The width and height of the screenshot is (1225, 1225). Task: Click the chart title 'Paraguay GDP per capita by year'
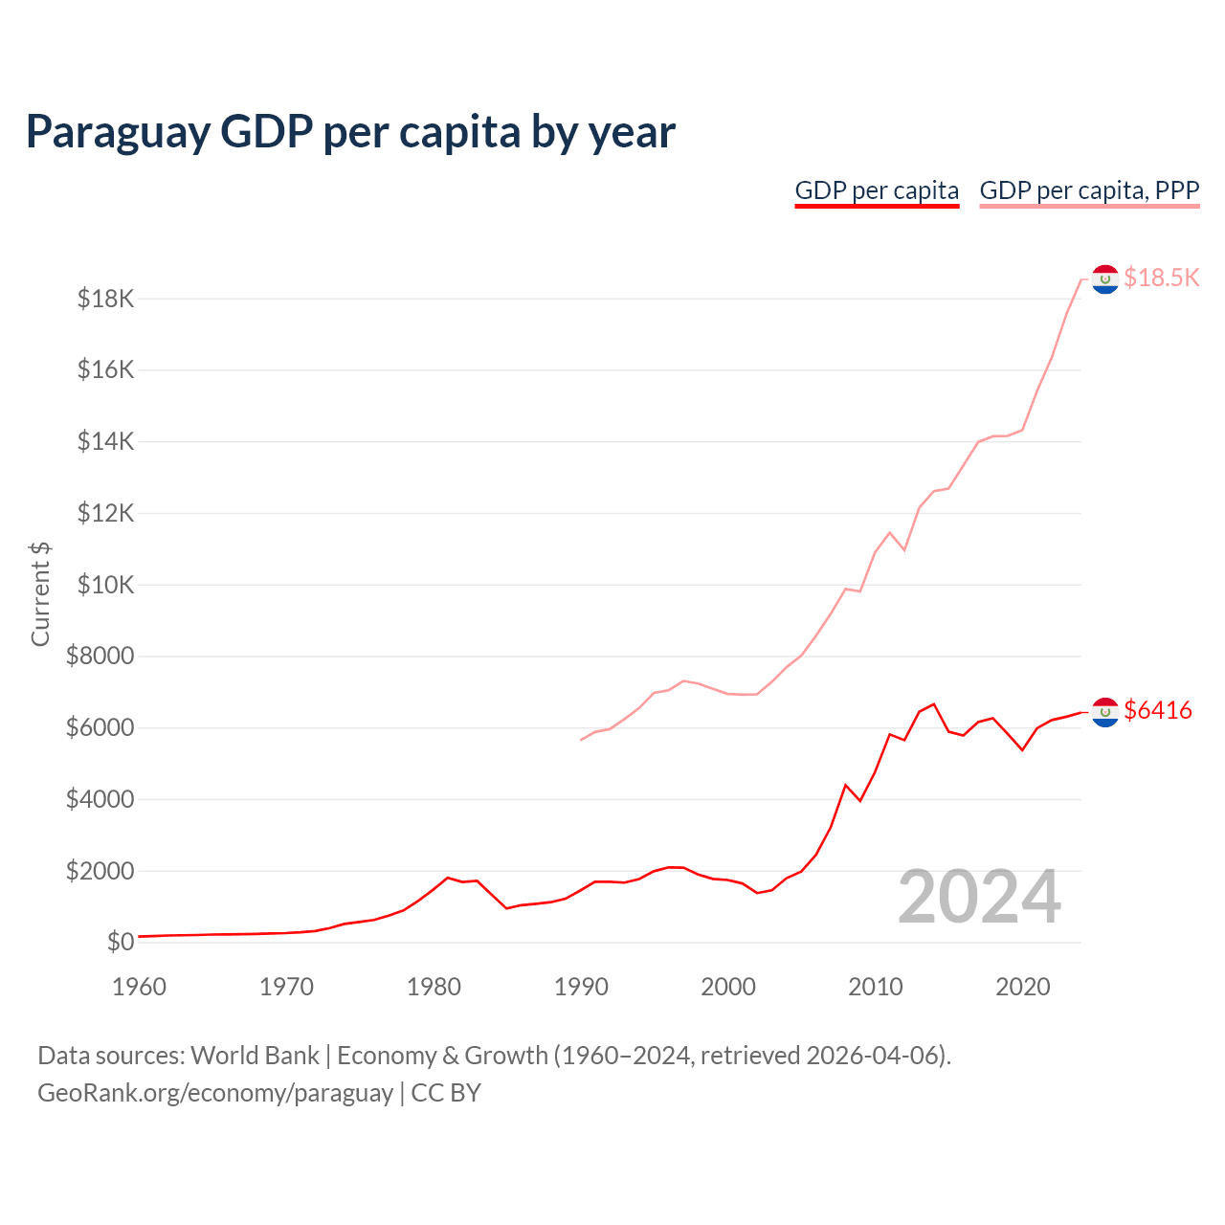(x=350, y=132)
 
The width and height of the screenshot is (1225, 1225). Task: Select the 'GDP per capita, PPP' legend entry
(x=1089, y=190)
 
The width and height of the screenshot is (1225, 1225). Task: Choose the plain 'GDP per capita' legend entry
(x=877, y=190)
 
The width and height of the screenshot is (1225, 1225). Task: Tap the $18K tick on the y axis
(x=105, y=300)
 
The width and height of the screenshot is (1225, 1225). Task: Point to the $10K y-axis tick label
(x=105, y=585)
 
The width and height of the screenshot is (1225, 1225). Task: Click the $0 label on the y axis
(x=120, y=942)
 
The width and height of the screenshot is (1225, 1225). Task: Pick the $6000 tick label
(x=100, y=728)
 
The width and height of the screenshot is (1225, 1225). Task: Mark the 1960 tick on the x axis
(x=139, y=987)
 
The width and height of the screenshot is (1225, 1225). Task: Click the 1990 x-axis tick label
(x=581, y=987)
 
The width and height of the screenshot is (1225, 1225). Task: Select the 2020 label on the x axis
(x=1023, y=987)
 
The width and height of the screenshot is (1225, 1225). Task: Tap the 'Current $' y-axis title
(x=40, y=593)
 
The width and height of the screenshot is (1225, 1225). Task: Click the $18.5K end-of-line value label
(x=1161, y=278)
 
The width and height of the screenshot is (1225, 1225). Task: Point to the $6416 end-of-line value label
(x=1158, y=710)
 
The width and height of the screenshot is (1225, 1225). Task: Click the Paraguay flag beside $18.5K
(x=1105, y=279)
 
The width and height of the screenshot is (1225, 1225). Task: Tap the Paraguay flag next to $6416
(x=1105, y=712)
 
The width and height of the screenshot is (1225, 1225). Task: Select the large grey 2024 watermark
(x=979, y=898)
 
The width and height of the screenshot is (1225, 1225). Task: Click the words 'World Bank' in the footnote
(x=255, y=1056)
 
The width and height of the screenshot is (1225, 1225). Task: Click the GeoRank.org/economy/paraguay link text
(x=215, y=1093)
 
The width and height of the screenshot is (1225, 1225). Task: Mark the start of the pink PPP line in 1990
(x=581, y=740)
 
